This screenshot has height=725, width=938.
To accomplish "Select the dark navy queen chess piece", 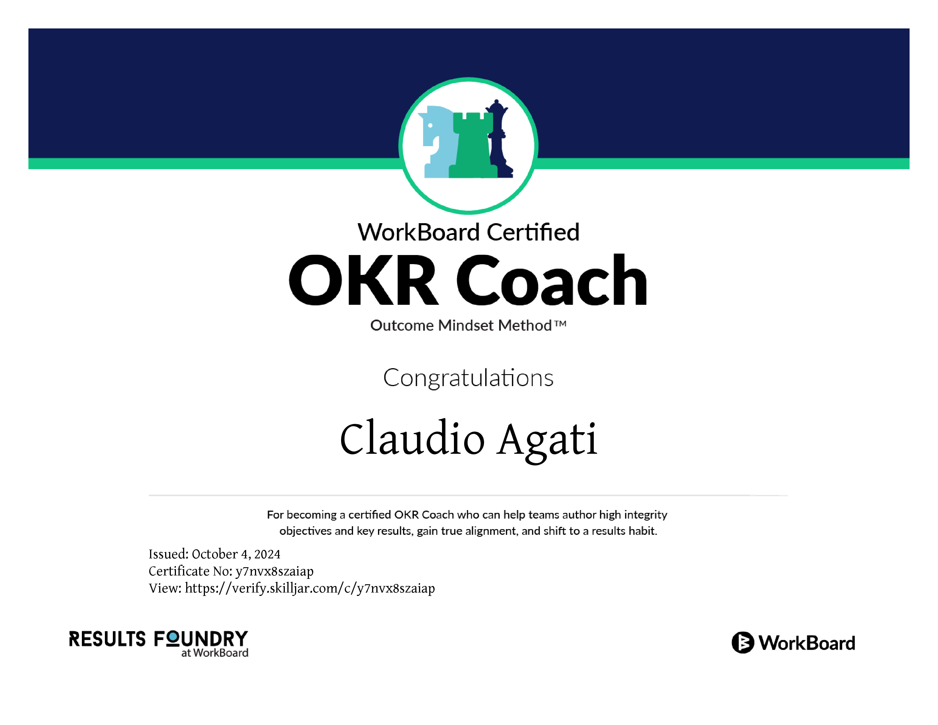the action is pos(500,140).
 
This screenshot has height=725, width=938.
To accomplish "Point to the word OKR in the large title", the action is pos(363,280).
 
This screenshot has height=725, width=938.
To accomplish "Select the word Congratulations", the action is pos(468,378).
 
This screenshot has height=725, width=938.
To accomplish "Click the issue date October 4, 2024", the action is pos(236,554).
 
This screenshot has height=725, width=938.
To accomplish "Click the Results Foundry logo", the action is pos(159,644).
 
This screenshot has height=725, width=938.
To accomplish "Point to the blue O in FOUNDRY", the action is pos(173,639).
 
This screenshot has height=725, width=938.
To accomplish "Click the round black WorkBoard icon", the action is pos(742,643).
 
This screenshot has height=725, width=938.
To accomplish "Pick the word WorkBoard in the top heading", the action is pos(419,232).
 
